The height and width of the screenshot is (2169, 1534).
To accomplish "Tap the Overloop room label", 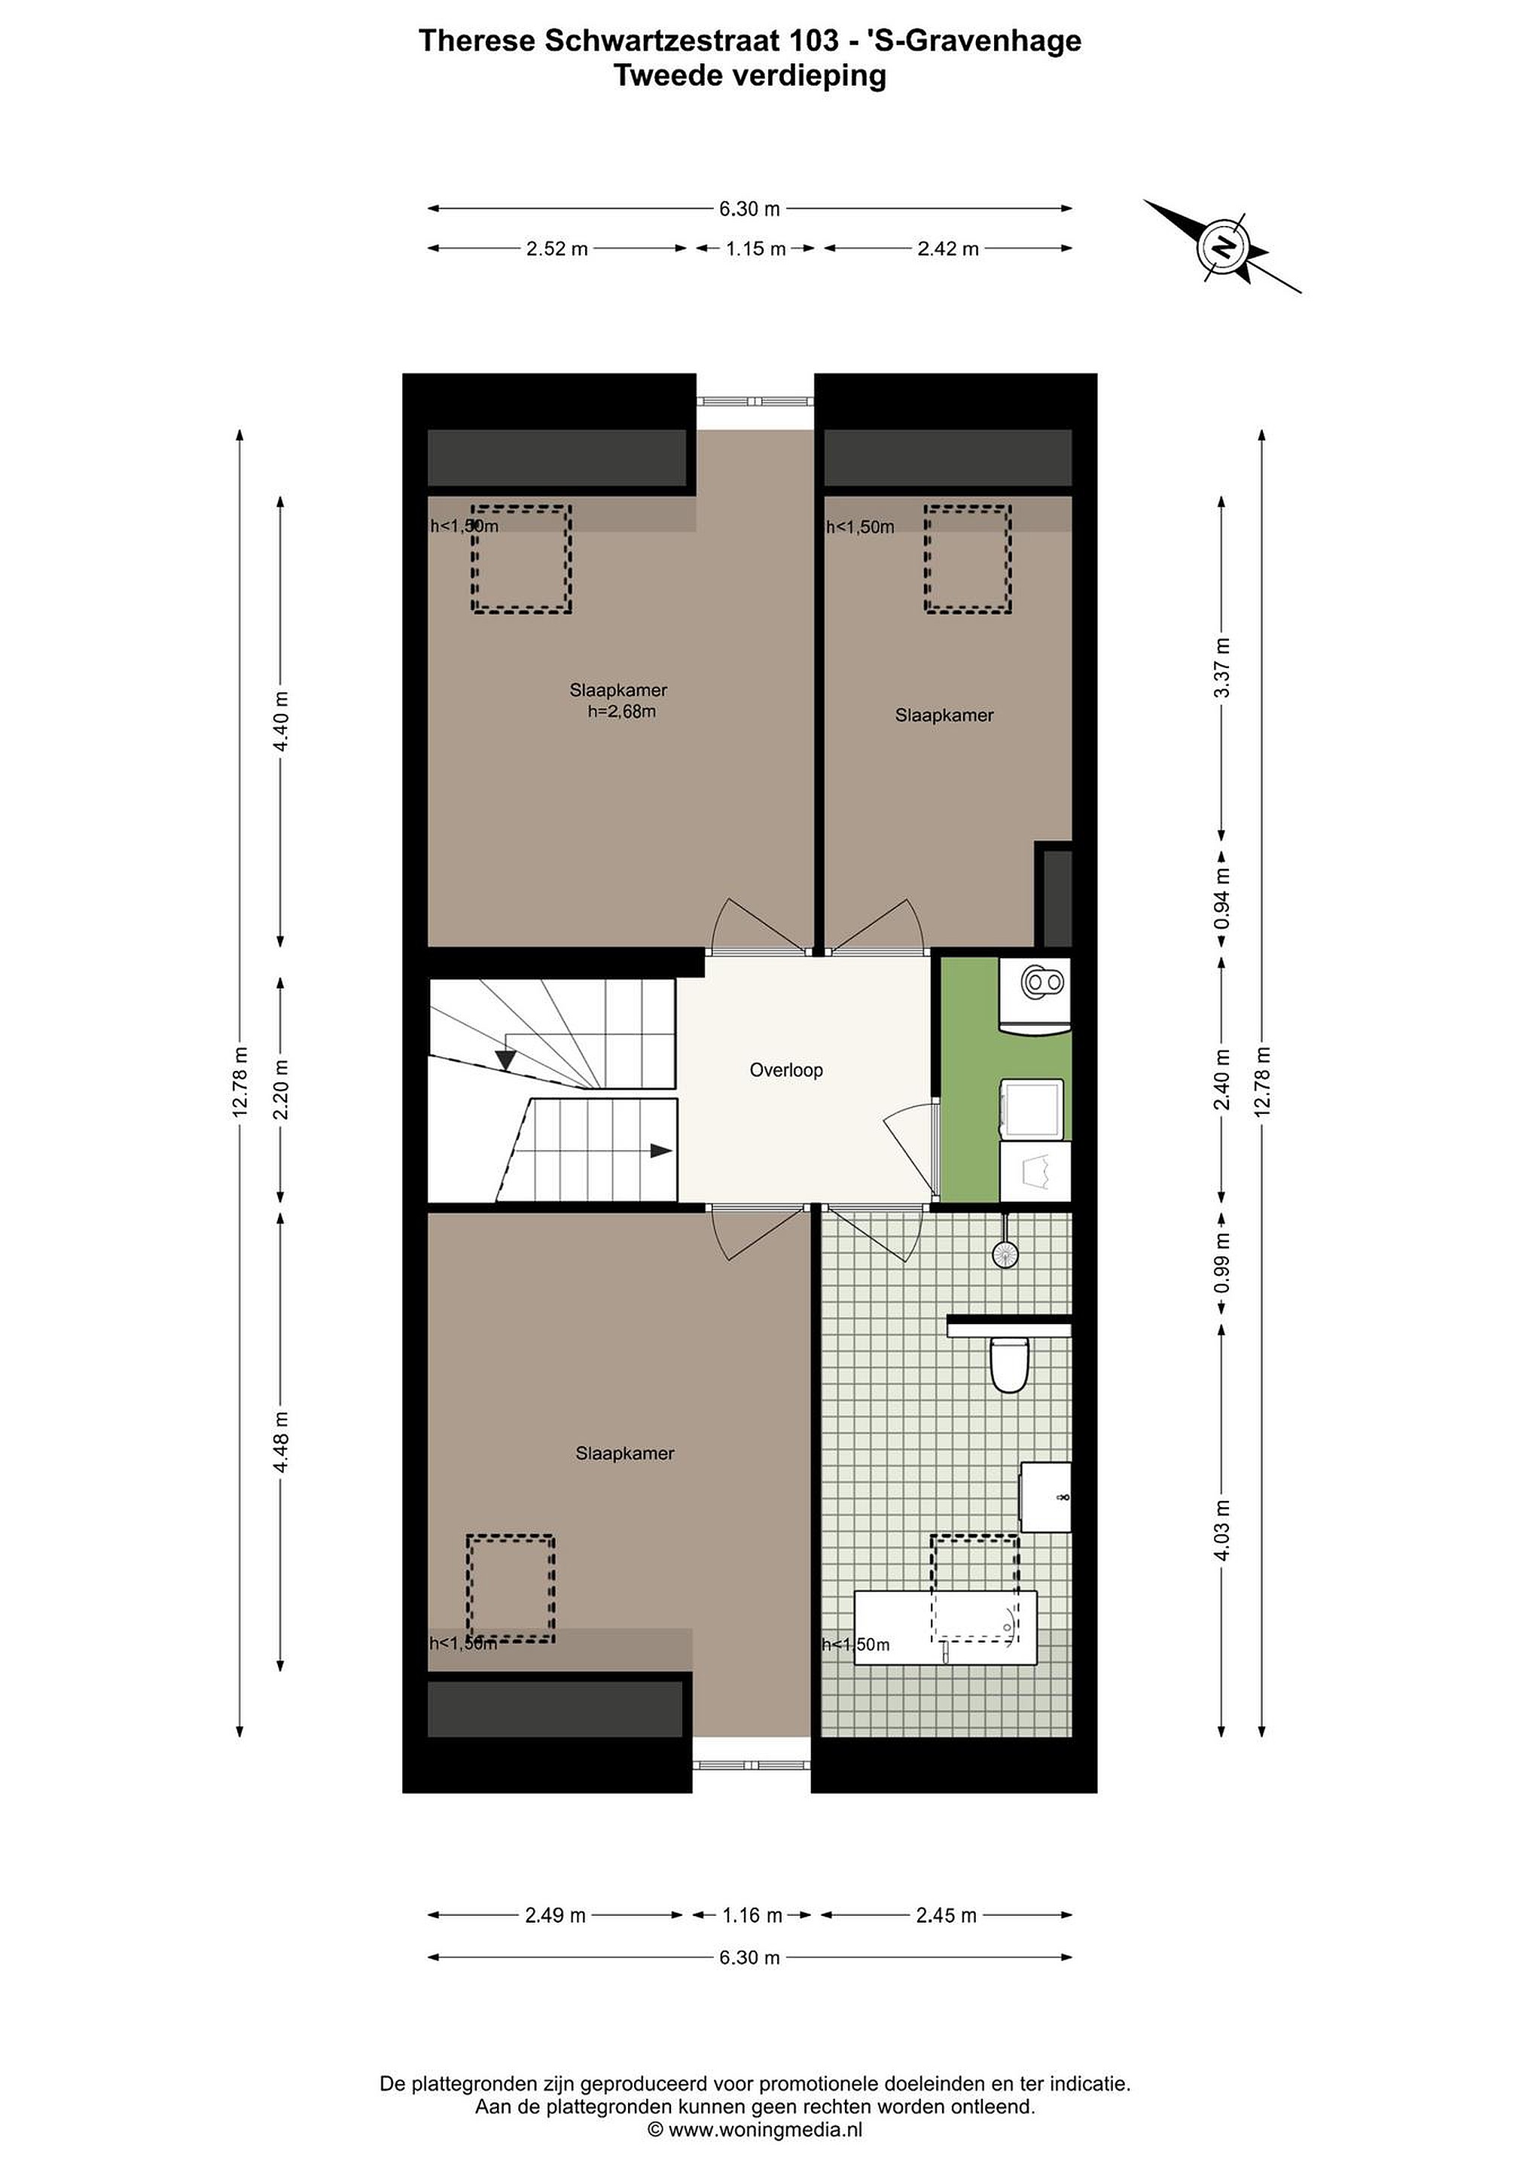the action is click(786, 1070).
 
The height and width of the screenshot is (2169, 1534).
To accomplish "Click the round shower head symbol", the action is click(1006, 1254).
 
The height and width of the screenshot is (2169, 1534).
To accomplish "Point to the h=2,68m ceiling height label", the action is click(621, 712).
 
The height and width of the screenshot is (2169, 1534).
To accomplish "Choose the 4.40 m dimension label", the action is click(281, 721).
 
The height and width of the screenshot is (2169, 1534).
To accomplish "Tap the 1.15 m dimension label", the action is click(755, 249).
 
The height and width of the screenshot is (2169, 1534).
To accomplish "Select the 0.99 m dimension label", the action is click(1222, 1264).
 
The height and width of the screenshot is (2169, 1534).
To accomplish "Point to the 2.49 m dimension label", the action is click(556, 1915).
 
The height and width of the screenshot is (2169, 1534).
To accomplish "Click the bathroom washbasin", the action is click(1046, 1497).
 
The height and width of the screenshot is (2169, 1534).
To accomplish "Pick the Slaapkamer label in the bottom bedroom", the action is click(624, 1453).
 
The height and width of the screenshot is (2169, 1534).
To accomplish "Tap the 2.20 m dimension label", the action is click(281, 1089).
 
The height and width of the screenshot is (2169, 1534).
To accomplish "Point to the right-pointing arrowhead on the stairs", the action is click(661, 1151).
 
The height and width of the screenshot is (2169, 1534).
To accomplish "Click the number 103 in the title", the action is click(813, 41).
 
